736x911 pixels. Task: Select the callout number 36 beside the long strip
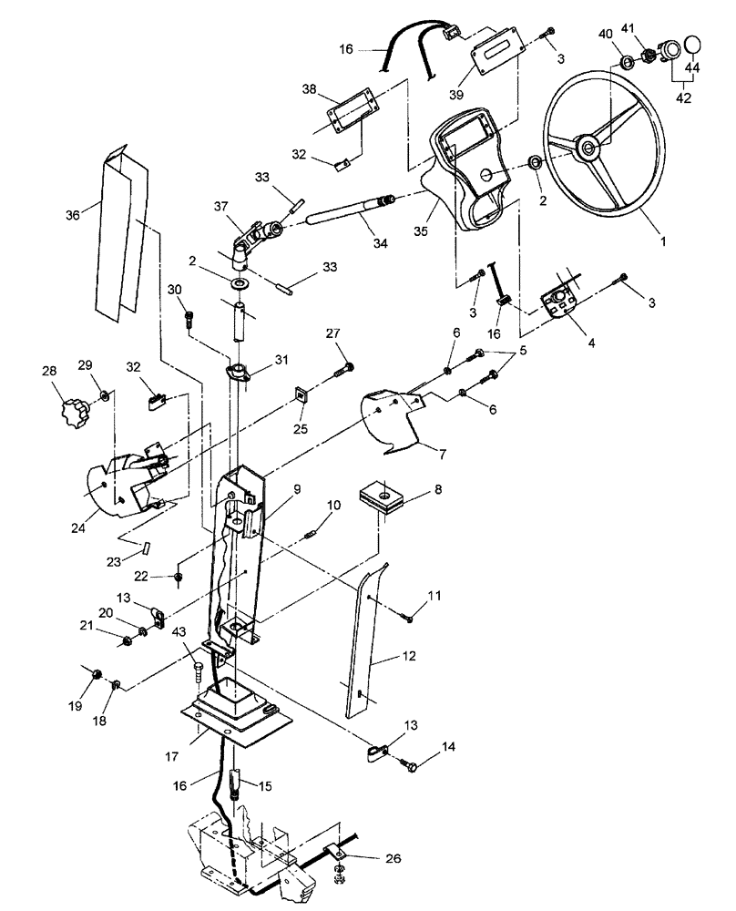point(73,216)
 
